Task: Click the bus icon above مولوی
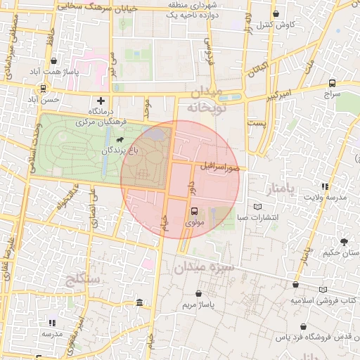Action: pyautogui.click(x=194, y=210)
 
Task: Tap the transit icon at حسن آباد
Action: pyautogui.click(x=44, y=89)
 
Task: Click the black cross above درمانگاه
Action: pyautogui.click(x=101, y=101)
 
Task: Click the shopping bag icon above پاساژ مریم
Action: pyautogui.click(x=198, y=293)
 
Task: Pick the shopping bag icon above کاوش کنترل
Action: pyautogui.click(x=276, y=13)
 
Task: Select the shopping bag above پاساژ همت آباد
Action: pyautogui.click(x=54, y=60)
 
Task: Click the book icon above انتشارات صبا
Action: pyautogui.click(x=258, y=207)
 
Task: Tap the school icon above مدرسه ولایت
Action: pyautogui.click(x=325, y=186)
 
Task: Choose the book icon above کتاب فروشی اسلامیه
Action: pyautogui.click(x=323, y=289)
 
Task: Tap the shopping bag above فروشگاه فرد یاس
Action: pyautogui.click(x=302, y=327)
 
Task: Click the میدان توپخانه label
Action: pyautogui.click(x=205, y=100)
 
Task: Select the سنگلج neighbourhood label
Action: pyautogui.click(x=84, y=280)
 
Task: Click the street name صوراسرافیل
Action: pyautogui.click(x=219, y=167)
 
